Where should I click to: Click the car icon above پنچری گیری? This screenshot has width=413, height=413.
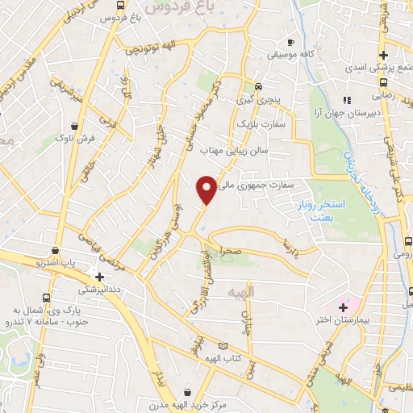[258, 87]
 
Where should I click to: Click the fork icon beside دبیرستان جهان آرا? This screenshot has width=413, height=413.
[346, 100]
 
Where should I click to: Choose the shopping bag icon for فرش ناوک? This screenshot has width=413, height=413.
[74, 127]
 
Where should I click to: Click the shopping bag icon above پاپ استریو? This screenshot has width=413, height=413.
[55, 251]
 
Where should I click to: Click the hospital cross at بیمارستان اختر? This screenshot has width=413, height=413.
[343, 307]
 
